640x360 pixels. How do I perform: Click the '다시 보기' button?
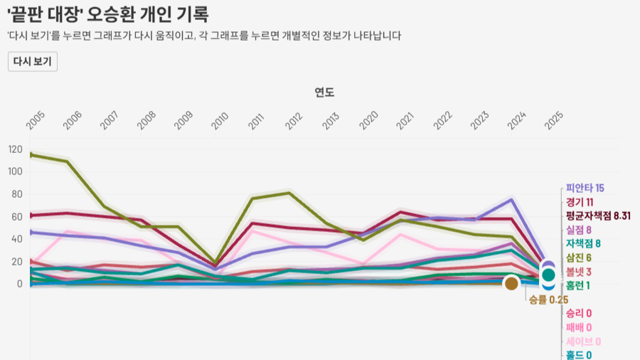click(32, 62)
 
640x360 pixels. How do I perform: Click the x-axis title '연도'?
click(324, 92)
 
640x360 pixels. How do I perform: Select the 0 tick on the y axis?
click(20, 284)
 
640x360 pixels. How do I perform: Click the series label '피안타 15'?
click(585, 189)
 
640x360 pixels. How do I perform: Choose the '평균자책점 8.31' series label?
click(598, 216)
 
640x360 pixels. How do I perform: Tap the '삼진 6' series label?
click(579, 257)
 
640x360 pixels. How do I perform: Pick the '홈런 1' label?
click(578, 285)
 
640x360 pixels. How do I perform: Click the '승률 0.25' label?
click(548, 300)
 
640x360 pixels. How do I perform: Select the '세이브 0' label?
click(583, 342)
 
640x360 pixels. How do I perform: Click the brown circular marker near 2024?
click(511, 284)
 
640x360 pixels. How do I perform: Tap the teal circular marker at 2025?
click(548, 275)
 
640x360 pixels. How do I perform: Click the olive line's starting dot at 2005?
click(31, 154)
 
